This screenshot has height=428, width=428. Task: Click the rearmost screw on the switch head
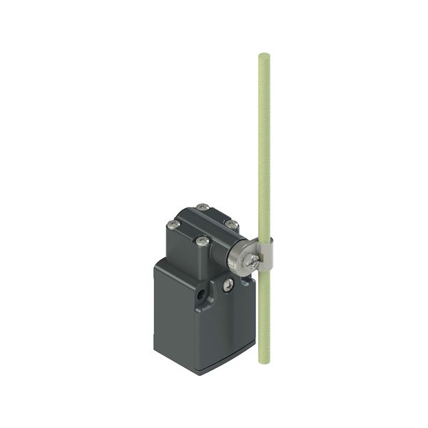click(x=204, y=208)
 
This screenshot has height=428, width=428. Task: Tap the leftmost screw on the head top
click(x=172, y=225)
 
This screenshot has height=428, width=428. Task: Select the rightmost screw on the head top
click(x=230, y=223)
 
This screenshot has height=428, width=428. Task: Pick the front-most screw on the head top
click(x=201, y=242)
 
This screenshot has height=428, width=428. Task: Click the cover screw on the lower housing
click(x=228, y=285)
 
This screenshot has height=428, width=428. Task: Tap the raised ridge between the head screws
click(x=202, y=225)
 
